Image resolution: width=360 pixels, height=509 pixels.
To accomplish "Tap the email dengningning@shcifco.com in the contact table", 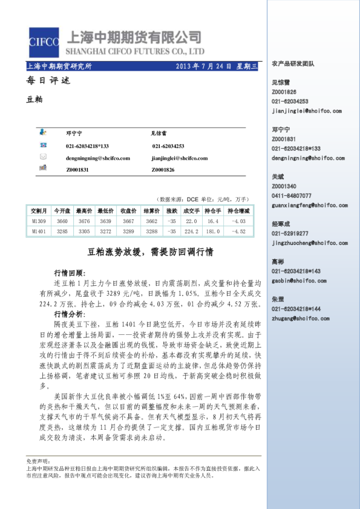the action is click(97, 158).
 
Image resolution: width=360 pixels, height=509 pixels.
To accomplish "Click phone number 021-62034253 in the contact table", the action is click(168, 146).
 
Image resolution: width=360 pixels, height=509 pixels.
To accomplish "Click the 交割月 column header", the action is click(39, 211).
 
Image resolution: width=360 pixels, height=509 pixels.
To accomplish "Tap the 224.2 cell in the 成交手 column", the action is click(191, 231).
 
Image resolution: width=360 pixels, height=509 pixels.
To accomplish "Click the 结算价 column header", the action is click(151, 211).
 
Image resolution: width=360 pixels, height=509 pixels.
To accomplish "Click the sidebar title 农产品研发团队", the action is click(293, 63).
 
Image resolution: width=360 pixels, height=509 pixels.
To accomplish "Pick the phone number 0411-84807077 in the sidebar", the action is click(292, 196).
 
